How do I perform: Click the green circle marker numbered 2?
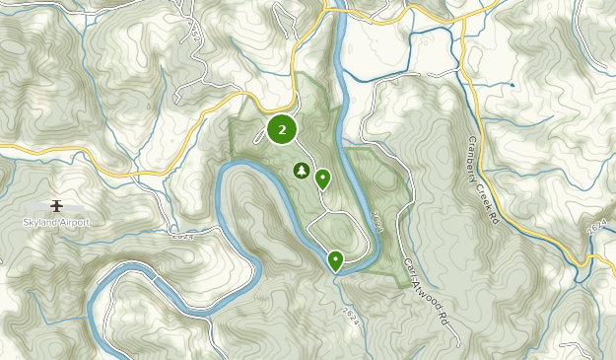[283, 129]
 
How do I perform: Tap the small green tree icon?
[300, 171]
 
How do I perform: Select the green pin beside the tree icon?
[322, 178]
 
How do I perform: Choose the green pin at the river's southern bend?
[335, 259]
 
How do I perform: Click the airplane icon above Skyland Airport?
[56, 205]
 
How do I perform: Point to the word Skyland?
[39, 222]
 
